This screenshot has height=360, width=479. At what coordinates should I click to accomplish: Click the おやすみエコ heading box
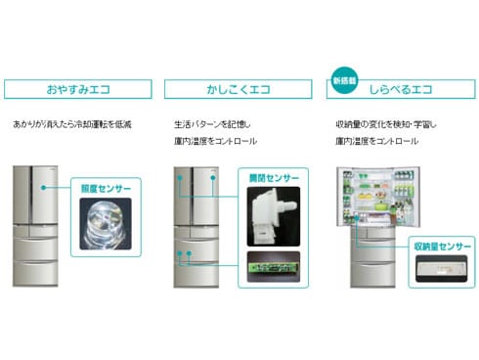pos(77,89)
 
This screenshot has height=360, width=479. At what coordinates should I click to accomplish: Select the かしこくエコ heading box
pos(239,89)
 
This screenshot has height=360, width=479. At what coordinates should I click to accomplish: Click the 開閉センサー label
pos(273,180)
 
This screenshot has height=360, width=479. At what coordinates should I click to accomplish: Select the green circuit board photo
pos(273,263)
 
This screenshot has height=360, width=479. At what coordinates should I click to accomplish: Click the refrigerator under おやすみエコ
pos(35,226)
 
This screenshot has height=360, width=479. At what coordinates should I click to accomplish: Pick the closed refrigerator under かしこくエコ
pos(196,226)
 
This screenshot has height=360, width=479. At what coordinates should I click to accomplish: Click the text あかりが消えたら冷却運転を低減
pos(72,124)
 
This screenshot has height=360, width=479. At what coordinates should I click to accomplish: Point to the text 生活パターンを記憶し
pos(213,124)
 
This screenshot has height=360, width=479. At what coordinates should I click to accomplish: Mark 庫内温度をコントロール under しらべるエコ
pos(376,142)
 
